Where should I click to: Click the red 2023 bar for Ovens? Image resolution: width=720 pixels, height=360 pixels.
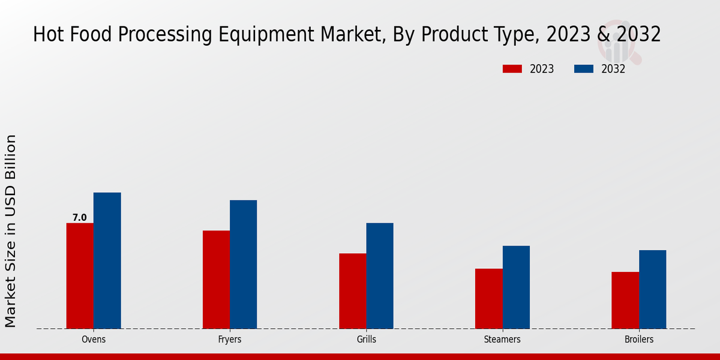(80, 275)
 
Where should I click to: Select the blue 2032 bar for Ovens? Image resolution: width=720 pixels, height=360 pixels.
(107, 260)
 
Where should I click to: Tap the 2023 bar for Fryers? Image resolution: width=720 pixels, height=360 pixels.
(216, 279)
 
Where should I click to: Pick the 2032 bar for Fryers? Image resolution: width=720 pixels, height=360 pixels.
(243, 264)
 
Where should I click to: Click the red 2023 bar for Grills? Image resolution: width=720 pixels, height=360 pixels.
(352, 290)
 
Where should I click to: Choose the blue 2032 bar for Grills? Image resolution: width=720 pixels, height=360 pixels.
(380, 275)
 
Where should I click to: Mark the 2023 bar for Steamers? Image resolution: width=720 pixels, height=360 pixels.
(488, 298)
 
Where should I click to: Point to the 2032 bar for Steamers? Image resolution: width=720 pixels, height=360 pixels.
(516, 287)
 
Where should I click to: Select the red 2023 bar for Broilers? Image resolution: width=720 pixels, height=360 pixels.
(625, 300)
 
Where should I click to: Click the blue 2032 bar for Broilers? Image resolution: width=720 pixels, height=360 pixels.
(652, 289)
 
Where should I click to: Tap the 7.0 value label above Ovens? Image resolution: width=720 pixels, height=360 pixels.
(80, 218)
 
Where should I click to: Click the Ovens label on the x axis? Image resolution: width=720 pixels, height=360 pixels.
(94, 340)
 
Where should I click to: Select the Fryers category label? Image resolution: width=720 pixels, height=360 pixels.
(230, 340)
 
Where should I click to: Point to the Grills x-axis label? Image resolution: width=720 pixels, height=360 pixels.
(366, 340)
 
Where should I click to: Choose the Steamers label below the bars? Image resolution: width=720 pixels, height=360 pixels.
(502, 340)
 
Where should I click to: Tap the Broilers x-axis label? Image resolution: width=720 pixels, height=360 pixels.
(638, 340)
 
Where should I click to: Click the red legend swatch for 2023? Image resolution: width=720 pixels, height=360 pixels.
(512, 69)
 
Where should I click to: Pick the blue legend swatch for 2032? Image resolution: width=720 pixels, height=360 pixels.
(583, 69)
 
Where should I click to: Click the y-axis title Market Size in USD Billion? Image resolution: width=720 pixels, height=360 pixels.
(11, 231)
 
